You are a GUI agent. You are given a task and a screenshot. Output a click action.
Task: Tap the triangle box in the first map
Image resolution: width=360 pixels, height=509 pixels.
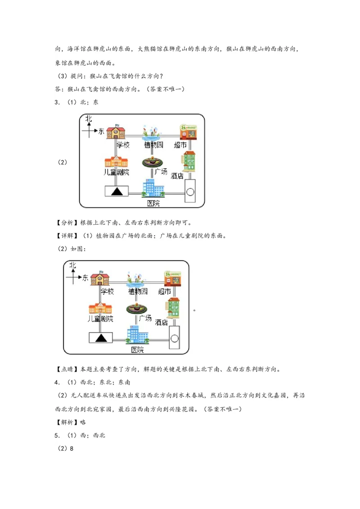(x=117, y=191)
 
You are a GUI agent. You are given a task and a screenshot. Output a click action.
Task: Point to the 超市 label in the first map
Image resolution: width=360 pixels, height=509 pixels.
(x=180, y=145)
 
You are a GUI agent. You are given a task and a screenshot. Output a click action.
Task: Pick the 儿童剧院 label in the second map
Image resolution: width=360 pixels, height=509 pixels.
(x=100, y=319)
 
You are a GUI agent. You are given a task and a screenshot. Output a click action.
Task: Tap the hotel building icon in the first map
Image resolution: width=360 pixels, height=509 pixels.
(x=188, y=161)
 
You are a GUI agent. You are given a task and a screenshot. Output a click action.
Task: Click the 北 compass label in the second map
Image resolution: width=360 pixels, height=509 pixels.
(x=72, y=265)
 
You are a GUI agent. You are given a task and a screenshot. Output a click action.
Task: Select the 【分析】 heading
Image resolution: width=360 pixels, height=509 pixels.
(x=67, y=223)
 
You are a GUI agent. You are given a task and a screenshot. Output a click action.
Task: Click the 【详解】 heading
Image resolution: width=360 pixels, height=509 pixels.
(x=67, y=236)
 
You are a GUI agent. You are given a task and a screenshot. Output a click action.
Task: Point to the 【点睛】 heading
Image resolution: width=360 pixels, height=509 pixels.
(x=67, y=370)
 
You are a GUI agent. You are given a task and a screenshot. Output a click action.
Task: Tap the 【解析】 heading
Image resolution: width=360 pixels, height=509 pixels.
(x=67, y=422)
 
